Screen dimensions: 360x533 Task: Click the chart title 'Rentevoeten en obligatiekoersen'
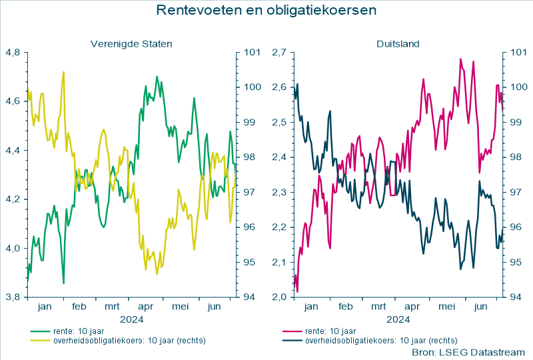(266, 11)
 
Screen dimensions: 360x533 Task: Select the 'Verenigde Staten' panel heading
(131, 44)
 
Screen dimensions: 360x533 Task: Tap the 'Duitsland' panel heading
(398, 44)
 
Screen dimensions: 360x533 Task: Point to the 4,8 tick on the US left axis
(14, 52)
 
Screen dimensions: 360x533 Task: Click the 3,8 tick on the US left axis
(14, 297)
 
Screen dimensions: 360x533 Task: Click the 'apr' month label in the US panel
(146, 307)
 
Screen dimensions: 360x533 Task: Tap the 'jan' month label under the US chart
(45, 307)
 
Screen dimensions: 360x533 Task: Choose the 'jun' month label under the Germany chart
(480, 307)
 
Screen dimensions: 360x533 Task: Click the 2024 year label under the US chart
(131, 319)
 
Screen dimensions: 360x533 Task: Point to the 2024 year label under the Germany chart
(398, 319)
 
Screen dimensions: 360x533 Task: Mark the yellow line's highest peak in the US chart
(63, 72)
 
